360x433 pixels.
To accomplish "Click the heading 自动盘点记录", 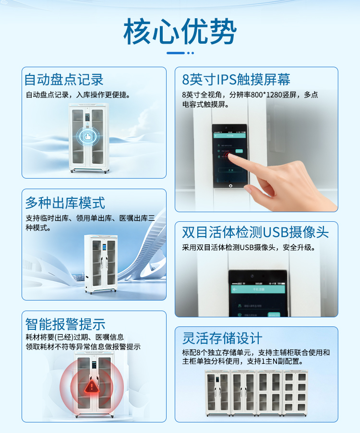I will pyautogui.click(x=64, y=79).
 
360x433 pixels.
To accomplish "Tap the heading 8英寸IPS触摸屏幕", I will pyautogui.click(x=236, y=79).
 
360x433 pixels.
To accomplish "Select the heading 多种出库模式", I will pyautogui.click(x=65, y=203).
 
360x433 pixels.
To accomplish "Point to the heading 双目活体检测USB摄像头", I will pyautogui.click(x=255, y=232).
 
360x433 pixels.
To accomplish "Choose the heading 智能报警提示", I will pyautogui.click(x=65, y=324).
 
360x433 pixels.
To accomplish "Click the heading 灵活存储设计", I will pyautogui.click(x=222, y=338).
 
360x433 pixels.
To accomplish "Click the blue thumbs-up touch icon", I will pyautogui.click(x=88, y=136).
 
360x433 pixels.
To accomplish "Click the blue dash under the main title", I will pyautogui.click(x=176, y=52).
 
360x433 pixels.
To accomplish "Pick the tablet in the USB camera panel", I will pyautogui.click(x=257, y=293).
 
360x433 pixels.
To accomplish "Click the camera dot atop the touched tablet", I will pyautogui.click(x=230, y=128).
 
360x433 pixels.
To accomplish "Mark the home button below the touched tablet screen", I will pyautogui.click(x=230, y=185).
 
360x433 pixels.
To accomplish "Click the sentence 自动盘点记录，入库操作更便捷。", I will pyautogui.click(x=78, y=95).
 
